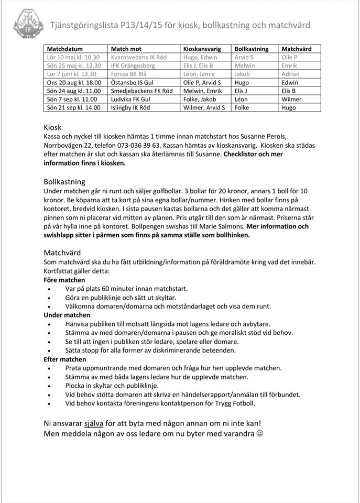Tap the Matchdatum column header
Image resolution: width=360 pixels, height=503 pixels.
point(65,49)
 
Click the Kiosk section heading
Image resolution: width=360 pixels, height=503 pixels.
point(52,127)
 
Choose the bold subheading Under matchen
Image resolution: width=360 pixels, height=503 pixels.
point(68,315)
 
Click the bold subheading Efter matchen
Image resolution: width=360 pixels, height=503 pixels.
point(65,359)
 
